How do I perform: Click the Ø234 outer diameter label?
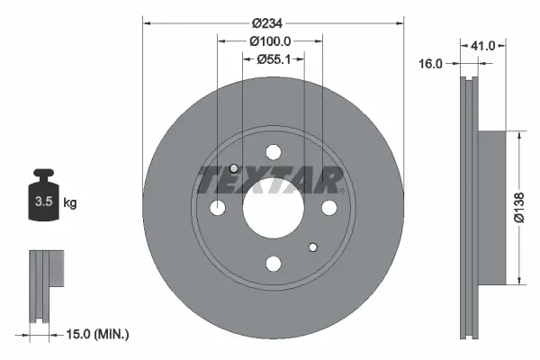click(x=270, y=22)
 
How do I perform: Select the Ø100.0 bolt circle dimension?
click(x=270, y=41)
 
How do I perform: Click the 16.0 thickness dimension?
click(x=433, y=64)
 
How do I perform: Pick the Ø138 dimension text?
click(x=519, y=208)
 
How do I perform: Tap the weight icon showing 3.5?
click(x=41, y=195)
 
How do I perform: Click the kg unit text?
click(x=70, y=203)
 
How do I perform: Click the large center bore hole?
click(x=273, y=208)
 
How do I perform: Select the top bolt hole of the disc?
click(x=273, y=153)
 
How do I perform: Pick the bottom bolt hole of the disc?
click(x=273, y=264)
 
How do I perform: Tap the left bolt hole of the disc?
click(x=218, y=209)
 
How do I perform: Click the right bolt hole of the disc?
click(x=328, y=209)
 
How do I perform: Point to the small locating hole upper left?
click(x=235, y=169)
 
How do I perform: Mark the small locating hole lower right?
click(x=312, y=247)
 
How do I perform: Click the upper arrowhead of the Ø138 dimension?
click(x=519, y=136)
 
